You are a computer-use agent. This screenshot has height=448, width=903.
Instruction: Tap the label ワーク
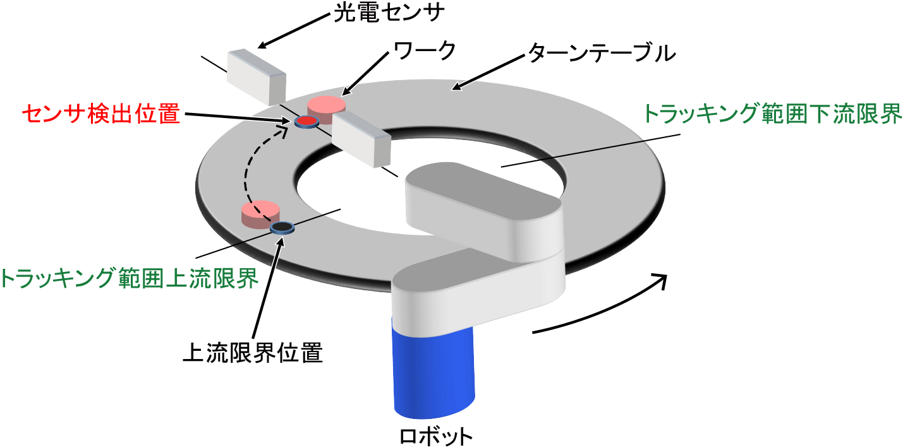[x=420, y=51]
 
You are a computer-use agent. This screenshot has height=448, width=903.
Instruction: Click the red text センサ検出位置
[x=102, y=114]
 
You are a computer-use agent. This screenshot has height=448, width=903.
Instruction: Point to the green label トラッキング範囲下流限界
[x=772, y=114]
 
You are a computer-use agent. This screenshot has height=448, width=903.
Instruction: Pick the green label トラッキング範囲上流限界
[x=130, y=278]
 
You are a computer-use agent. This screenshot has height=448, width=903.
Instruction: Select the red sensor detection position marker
[x=306, y=121]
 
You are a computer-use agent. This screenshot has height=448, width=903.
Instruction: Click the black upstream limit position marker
[x=281, y=227]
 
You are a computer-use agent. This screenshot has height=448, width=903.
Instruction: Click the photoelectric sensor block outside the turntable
[x=257, y=76]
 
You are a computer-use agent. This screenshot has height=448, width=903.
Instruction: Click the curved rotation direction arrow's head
[x=660, y=281]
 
